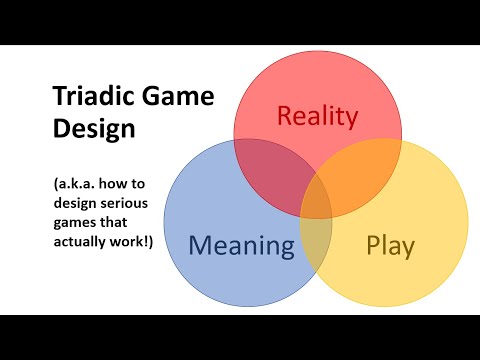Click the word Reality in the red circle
tap(317, 117)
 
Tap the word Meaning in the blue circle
tap(241, 245)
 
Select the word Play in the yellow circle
tap(390, 246)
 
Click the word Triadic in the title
tap(87, 98)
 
